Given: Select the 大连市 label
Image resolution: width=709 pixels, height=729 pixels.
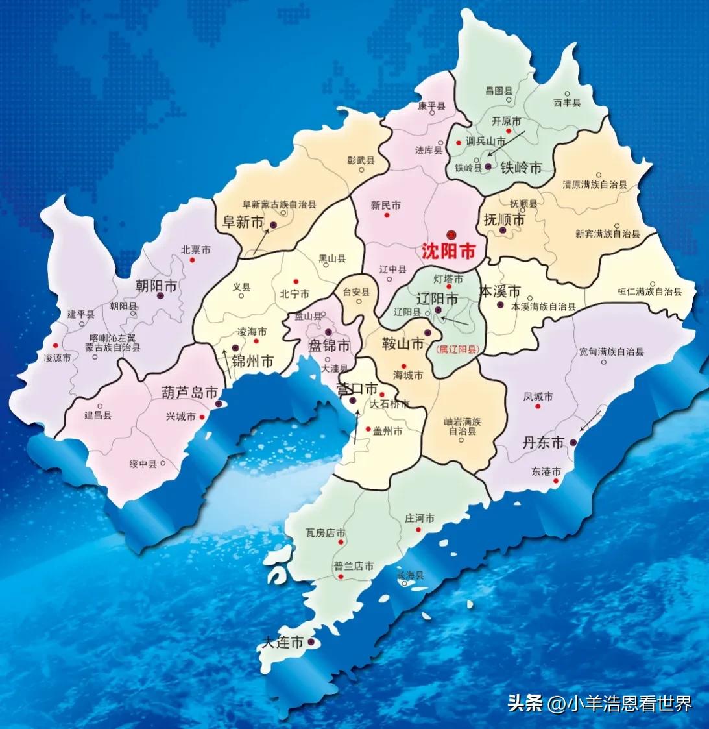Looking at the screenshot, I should [283, 643].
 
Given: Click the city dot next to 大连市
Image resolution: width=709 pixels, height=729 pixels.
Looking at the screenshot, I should [311, 642].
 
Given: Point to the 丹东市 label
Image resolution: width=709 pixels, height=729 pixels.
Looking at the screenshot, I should [544, 443].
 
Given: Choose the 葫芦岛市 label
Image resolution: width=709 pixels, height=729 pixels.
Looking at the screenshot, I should [189, 392].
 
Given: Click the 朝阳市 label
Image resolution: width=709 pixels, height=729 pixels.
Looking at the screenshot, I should [156, 286].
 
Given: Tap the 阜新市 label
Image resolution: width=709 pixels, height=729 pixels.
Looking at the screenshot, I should [243, 222].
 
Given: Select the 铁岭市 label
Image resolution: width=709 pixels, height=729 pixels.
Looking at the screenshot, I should [521, 167].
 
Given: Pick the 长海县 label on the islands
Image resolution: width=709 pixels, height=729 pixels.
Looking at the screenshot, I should [410, 575].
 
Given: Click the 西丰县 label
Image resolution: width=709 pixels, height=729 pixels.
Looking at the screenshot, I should [567, 103].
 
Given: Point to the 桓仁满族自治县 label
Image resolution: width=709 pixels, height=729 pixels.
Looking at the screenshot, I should [649, 292].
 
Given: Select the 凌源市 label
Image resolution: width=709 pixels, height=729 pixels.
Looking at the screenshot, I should [57, 358].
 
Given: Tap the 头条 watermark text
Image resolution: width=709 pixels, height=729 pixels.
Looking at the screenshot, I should [525, 703].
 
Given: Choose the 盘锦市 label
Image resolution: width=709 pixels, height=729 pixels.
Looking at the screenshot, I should [329, 345].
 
